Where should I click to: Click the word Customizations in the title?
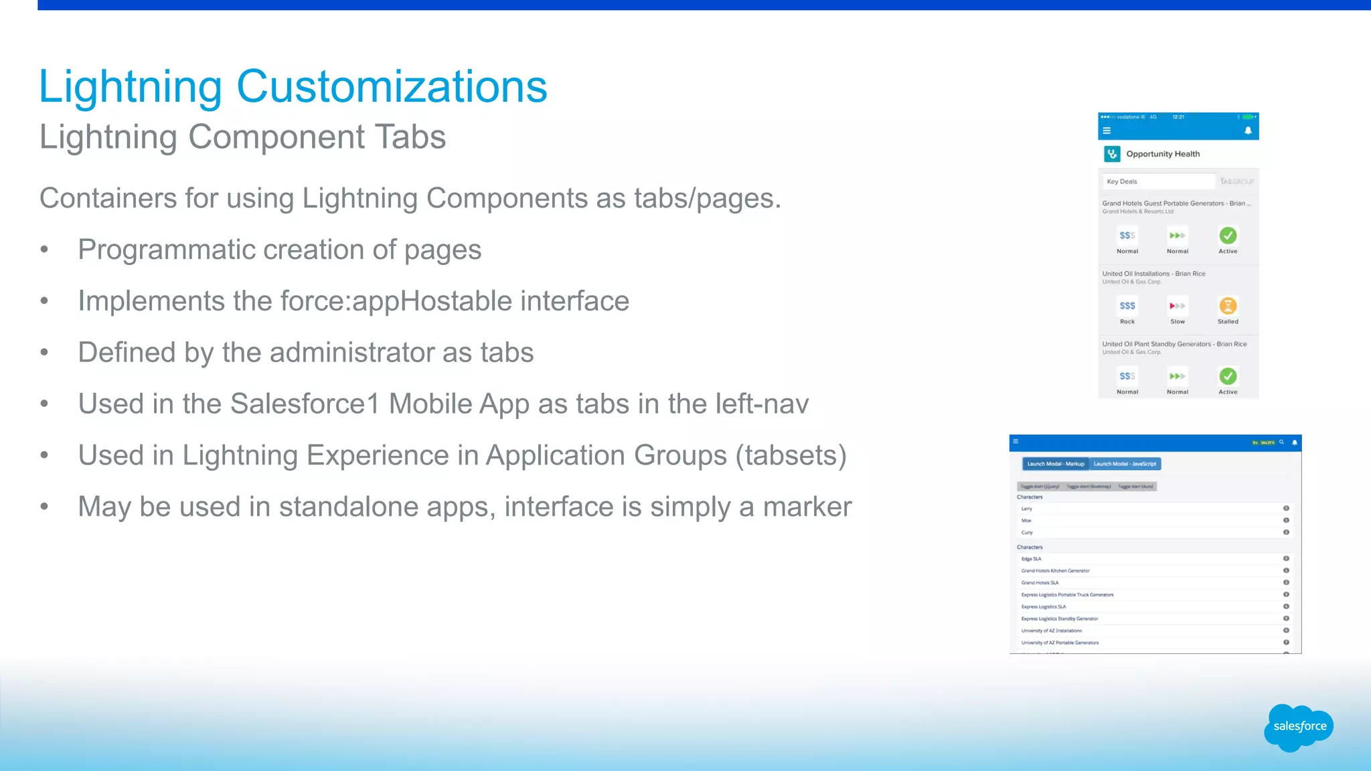point(392,87)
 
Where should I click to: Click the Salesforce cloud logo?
point(1299,727)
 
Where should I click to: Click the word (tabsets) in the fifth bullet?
point(791,456)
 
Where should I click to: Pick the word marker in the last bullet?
point(807,507)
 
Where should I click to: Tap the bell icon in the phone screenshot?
point(1248,131)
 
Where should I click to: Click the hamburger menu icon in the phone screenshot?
point(1107,131)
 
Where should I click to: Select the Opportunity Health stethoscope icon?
point(1112,154)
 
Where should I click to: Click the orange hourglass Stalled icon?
point(1228,306)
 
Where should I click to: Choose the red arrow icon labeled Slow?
point(1178,306)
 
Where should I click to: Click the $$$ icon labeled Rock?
point(1127,306)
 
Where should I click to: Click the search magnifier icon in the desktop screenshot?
point(1282,442)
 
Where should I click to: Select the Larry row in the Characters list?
point(1027,509)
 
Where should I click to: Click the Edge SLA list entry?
point(1031,559)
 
